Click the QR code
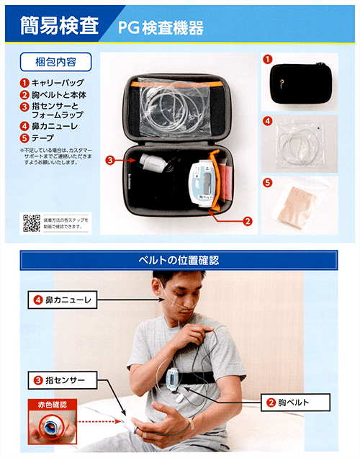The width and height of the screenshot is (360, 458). pyautogui.click(x=31, y=223)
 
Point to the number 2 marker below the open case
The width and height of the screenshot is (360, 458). pyautogui.click(x=247, y=222)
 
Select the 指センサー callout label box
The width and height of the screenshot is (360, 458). pyautogui.click(x=60, y=378)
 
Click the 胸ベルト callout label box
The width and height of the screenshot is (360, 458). pyautogui.click(x=293, y=402)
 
